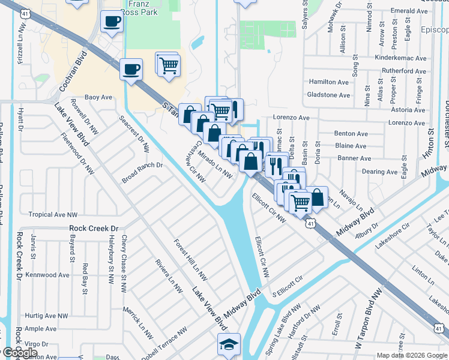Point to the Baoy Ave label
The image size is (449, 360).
[x=98, y=97]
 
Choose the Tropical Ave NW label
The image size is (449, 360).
[x=53, y=214]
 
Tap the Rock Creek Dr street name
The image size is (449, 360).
[x=94, y=228]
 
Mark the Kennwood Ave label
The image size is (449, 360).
[x=47, y=275]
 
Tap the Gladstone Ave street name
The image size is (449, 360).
[x=328, y=95]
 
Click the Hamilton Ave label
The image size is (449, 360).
[x=328, y=82]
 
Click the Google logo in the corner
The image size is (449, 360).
[x=19, y=352]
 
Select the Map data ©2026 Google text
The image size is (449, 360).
[x=412, y=355]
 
